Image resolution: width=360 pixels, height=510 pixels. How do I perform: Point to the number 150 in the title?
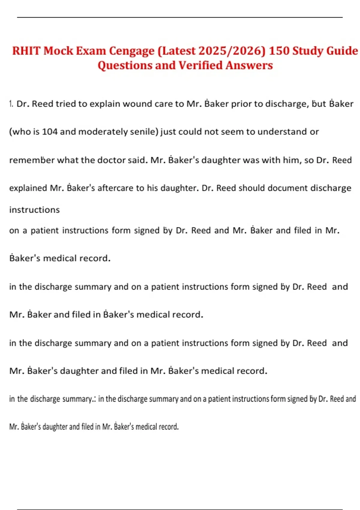[279, 51]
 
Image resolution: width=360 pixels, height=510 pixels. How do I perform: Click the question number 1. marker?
[11, 104]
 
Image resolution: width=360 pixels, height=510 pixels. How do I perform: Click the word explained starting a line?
[28, 188]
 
